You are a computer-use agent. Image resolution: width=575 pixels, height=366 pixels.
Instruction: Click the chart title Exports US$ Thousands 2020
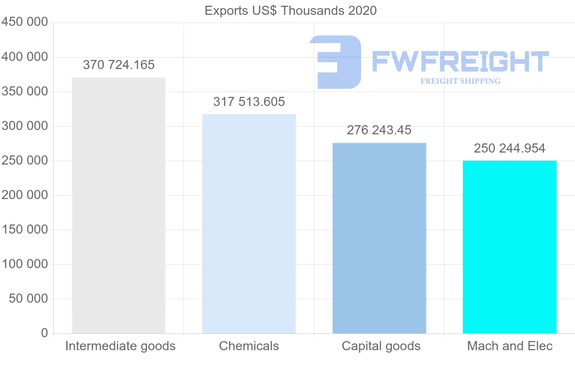pos(290,11)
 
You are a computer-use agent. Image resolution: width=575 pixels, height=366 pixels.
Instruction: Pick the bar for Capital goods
pos(379,238)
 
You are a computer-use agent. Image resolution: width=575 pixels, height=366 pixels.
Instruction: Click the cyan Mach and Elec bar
pos(509,247)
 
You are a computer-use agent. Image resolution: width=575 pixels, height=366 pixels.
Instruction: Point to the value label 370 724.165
pos(119,65)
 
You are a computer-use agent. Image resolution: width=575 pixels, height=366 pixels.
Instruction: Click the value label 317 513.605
pos(249,102)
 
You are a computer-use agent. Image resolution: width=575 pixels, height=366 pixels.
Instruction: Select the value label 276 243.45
pos(379,130)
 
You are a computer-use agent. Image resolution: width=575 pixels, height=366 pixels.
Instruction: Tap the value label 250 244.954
pos(509,148)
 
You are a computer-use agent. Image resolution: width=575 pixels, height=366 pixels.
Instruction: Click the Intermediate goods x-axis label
pos(120,346)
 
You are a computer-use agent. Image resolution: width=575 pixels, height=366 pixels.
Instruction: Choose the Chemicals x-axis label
pos(249,346)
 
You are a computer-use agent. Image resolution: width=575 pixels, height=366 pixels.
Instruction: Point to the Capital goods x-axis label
pos(381,346)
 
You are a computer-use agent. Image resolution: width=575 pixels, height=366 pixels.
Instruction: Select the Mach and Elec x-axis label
pos(510,346)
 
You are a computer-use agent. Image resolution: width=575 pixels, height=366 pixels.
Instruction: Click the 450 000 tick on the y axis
pos(25,23)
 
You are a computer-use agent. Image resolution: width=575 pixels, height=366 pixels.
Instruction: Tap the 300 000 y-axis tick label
pos(25,126)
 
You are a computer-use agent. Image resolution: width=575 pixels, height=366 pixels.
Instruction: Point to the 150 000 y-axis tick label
pos(25,230)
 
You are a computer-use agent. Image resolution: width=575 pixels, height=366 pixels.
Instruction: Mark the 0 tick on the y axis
pos(45,333)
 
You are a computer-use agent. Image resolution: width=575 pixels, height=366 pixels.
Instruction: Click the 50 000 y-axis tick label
pos(29,299)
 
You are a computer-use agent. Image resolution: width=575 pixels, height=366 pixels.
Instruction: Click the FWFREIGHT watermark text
pos(460,62)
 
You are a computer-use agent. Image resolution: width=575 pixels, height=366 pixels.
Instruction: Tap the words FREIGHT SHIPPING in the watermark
pos(460,81)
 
